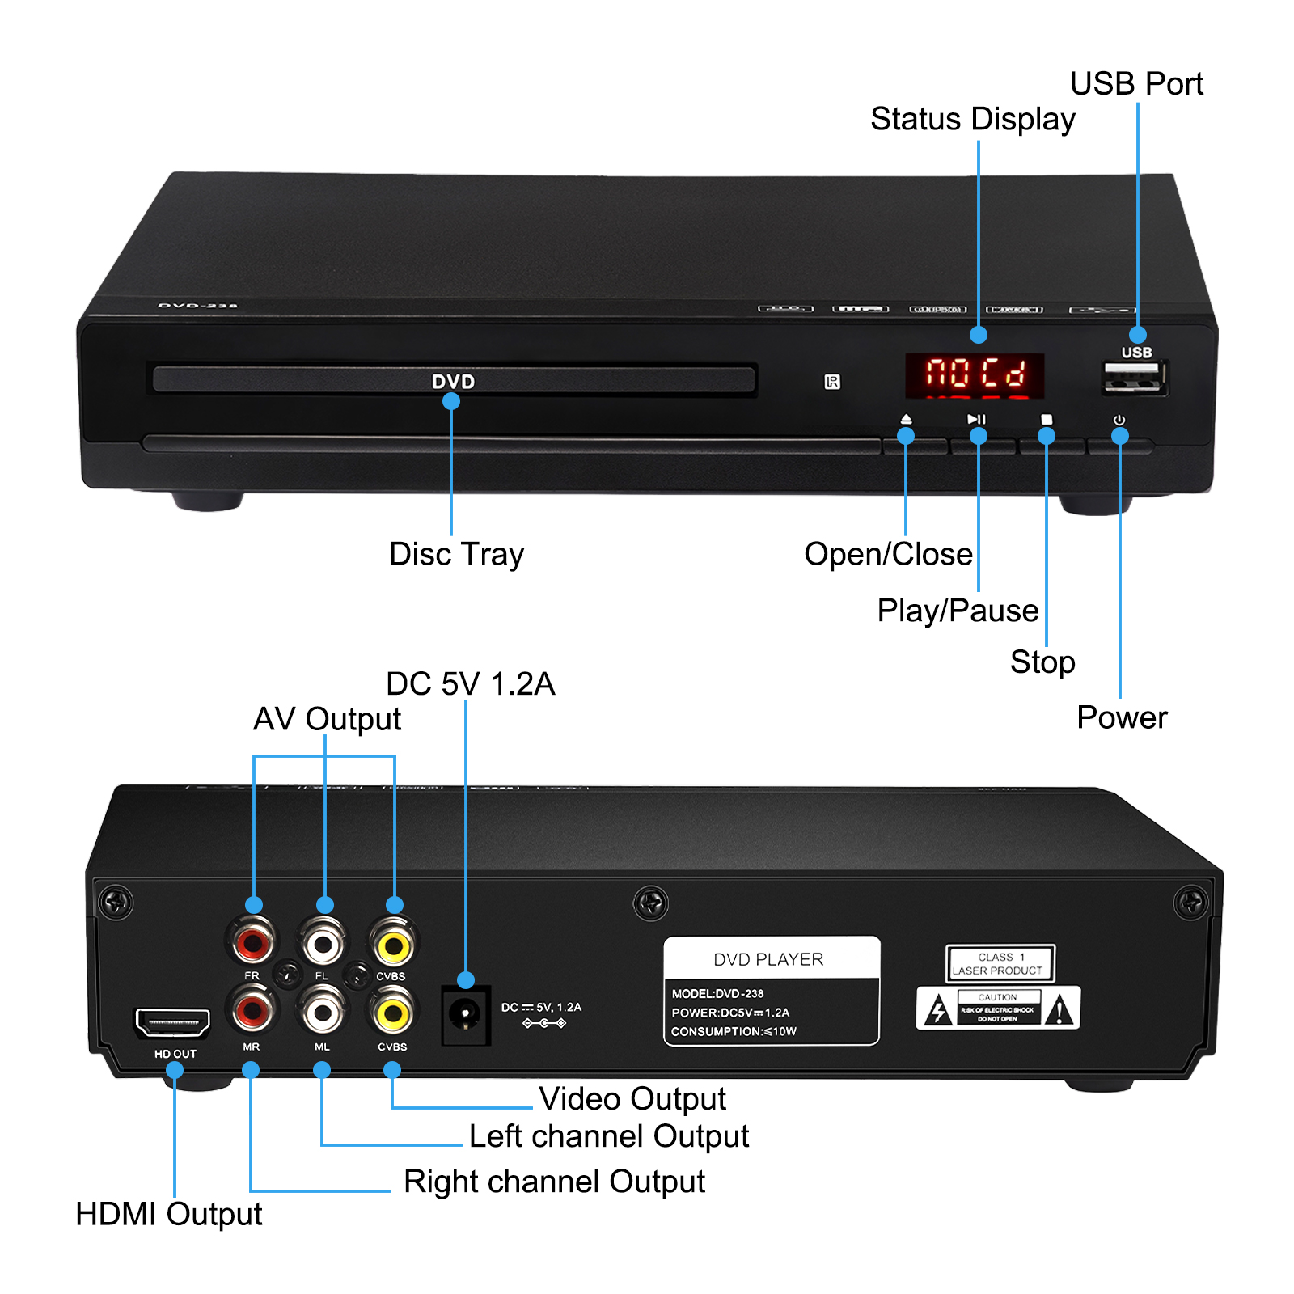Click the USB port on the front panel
(1133, 378)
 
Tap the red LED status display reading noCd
(975, 375)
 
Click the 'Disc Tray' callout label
(456, 555)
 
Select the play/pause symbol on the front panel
(976, 419)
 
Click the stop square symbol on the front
(1047, 419)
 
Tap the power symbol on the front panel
(1119, 420)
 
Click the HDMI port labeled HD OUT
(172, 1023)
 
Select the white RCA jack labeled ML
(323, 1012)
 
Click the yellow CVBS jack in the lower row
(392, 1013)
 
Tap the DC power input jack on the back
(465, 1014)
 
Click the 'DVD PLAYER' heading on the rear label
(768, 959)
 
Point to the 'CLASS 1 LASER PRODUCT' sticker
(1000, 963)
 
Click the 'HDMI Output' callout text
(168, 1214)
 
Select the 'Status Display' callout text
(972, 120)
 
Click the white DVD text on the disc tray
(453, 382)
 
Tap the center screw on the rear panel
(651, 903)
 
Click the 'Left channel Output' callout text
(608, 1136)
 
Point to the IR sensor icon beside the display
(832, 382)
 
